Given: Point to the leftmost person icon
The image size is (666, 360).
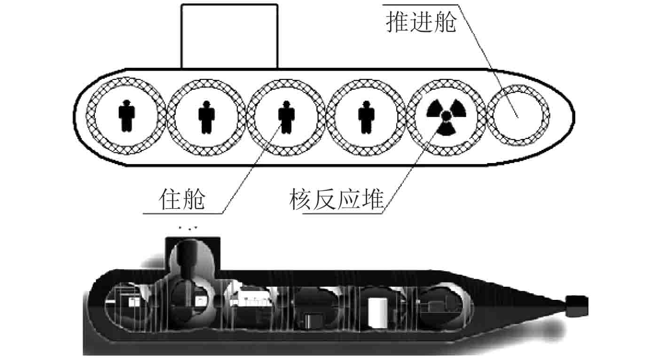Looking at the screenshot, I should pos(126,115).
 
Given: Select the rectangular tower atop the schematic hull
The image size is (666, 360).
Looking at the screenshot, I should pos(229,36).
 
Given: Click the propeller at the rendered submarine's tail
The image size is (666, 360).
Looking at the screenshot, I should pos(577,306).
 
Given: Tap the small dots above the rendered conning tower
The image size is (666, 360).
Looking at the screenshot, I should pos(188,228).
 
